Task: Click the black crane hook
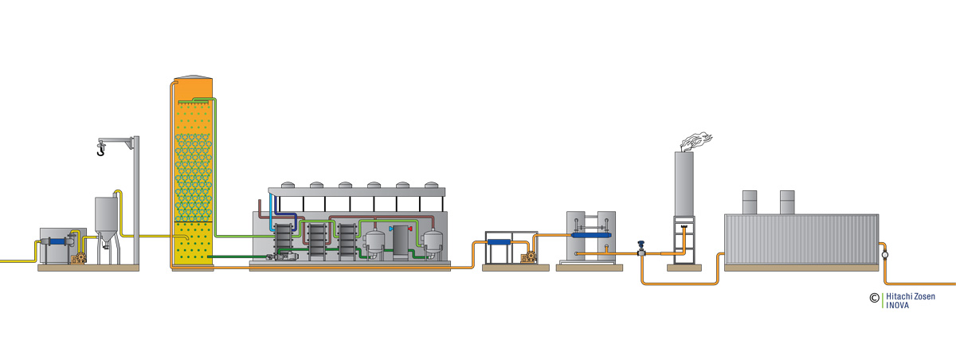[x=101, y=148]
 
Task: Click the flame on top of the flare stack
[x=695, y=143]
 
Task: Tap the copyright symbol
[x=874, y=299]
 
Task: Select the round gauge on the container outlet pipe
[x=885, y=255]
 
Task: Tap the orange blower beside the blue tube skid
[x=526, y=257]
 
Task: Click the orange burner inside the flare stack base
[x=683, y=232]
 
